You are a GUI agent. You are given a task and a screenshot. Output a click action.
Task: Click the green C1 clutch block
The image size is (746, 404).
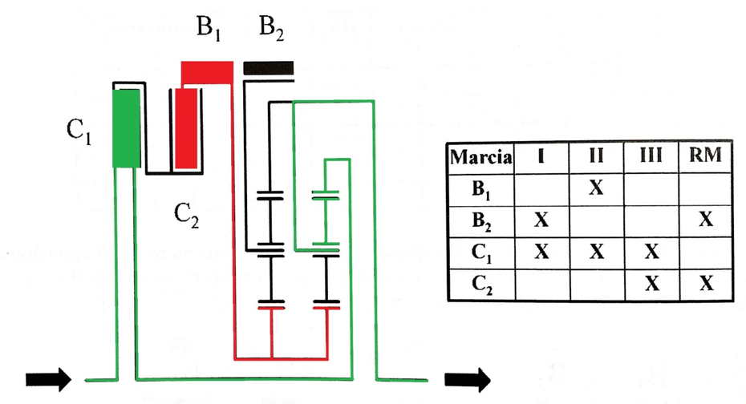(126, 128)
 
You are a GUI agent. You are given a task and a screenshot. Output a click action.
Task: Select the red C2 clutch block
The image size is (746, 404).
(185, 128)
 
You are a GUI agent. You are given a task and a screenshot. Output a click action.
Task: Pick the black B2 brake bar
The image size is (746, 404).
(269, 68)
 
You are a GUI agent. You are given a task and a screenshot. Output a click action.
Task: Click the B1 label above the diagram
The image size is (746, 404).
(209, 29)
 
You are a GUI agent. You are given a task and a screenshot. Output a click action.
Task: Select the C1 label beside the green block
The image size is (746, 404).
(79, 131)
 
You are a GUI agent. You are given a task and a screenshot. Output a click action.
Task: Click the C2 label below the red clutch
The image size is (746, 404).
(186, 216)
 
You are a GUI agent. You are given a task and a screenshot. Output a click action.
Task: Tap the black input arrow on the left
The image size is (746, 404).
(48, 379)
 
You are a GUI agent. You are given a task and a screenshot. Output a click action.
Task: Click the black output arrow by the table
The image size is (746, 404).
(468, 379)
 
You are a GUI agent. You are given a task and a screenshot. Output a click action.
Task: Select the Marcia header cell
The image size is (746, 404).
(481, 157)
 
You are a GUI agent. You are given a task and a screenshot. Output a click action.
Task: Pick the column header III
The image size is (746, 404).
(651, 156)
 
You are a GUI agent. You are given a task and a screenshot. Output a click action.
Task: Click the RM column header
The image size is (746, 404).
(706, 156)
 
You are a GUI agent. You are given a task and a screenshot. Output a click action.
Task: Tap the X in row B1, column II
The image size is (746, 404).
(596, 188)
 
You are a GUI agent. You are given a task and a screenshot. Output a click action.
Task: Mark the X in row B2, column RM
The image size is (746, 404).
(706, 219)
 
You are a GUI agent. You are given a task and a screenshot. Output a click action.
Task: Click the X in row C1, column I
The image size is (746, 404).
(541, 251)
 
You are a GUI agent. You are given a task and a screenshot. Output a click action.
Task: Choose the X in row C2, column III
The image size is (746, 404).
(651, 283)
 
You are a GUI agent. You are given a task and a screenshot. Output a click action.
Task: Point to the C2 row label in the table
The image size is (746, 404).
(482, 285)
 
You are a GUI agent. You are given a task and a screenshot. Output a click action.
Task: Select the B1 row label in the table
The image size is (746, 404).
(482, 190)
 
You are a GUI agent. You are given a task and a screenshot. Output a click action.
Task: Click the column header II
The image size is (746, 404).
(596, 156)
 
